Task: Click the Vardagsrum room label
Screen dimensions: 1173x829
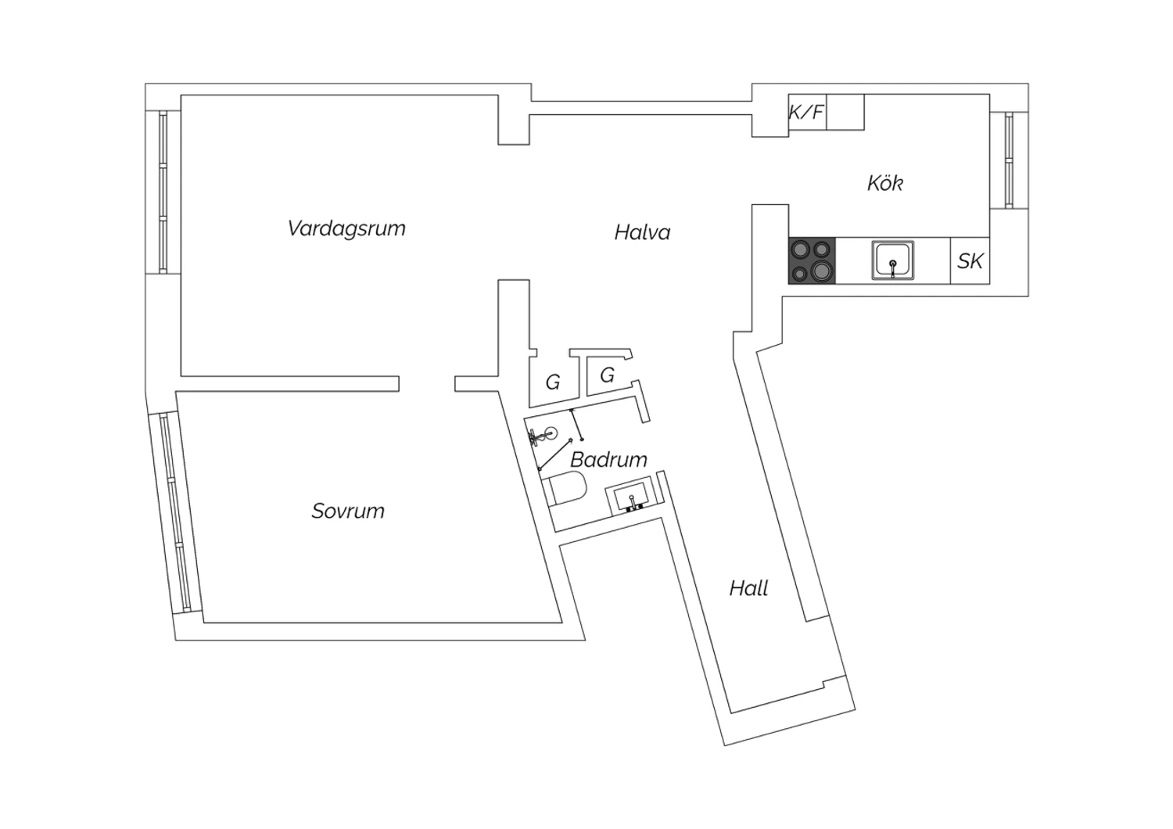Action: tap(346, 229)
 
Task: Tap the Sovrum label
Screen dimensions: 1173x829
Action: tap(348, 511)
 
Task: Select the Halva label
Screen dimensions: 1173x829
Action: tap(642, 232)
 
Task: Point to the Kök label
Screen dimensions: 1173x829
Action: tap(885, 183)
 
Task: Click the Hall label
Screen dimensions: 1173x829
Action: tap(749, 588)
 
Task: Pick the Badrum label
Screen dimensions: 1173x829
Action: tap(608, 459)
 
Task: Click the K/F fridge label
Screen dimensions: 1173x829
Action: tap(806, 112)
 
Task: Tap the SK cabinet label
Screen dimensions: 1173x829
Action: tap(970, 260)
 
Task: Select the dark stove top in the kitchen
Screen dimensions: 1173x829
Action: tap(812, 260)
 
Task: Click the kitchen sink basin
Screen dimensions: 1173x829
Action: tap(893, 260)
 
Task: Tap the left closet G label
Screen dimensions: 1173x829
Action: tap(553, 382)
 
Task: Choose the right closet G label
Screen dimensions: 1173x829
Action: tap(607, 375)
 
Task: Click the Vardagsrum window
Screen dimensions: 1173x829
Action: tap(163, 192)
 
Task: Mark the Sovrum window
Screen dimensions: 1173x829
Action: tap(175, 513)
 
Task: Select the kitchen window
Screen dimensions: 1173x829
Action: tap(1009, 160)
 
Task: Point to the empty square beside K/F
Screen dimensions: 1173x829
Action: tap(845, 112)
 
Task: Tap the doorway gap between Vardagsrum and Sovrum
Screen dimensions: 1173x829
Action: tap(427, 384)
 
